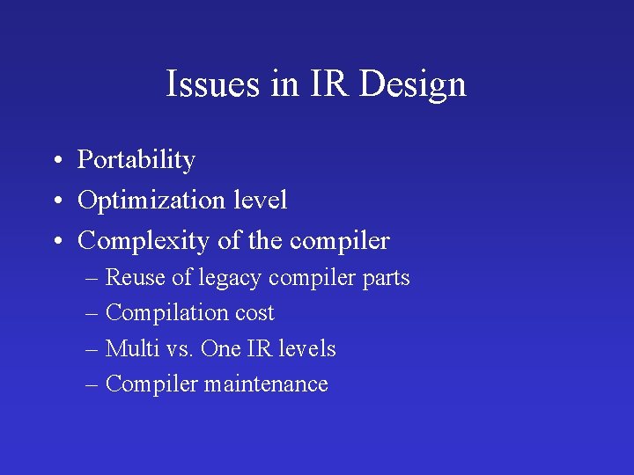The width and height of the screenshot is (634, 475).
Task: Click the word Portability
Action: tap(136, 160)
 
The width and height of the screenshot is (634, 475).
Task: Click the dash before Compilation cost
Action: tap(93, 314)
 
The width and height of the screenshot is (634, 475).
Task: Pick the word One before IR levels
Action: tap(220, 349)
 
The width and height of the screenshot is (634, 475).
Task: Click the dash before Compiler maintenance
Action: tap(93, 385)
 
